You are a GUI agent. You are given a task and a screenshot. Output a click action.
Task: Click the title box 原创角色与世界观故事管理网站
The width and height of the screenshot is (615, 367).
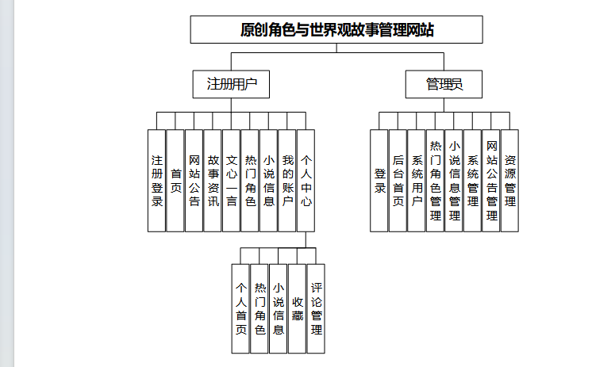(336, 30)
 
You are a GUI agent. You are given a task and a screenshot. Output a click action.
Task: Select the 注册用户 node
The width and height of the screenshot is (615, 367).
(232, 83)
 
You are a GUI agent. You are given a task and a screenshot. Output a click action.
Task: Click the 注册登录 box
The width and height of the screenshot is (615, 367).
(157, 181)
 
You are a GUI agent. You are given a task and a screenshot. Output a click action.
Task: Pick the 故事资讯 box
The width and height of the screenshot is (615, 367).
(213, 181)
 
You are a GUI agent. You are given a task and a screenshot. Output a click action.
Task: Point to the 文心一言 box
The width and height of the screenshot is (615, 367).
(231, 181)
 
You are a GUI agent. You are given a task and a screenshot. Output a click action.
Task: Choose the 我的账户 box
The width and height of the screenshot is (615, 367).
(287, 181)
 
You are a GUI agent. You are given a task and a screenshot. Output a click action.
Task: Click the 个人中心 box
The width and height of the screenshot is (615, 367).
(306, 181)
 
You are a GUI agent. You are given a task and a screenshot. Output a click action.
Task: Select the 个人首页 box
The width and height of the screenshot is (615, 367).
(240, 308)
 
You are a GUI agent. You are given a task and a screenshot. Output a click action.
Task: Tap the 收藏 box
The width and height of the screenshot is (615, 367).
(297, 308)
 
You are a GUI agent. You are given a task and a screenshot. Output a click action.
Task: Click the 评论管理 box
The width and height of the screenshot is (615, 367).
(316, 308)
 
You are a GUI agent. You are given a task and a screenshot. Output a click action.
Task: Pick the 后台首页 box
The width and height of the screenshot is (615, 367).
(398, 181)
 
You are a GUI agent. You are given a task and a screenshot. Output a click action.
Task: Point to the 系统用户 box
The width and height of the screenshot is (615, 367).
(417, 181)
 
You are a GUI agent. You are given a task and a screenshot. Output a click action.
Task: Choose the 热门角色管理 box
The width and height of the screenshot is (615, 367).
(435, 181)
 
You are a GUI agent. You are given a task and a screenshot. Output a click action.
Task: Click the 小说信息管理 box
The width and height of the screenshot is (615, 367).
(454, 181)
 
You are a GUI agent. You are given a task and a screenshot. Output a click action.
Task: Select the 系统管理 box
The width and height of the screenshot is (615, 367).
(472, 181)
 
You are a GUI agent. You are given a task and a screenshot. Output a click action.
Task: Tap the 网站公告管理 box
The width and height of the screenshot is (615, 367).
(491, 181)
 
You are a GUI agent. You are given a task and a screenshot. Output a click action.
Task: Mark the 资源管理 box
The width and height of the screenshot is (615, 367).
(509, 181)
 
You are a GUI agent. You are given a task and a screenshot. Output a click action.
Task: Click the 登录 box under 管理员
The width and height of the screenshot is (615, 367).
(379, 181)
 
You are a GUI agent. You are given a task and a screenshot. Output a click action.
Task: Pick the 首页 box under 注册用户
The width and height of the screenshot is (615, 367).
(175, 181)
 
